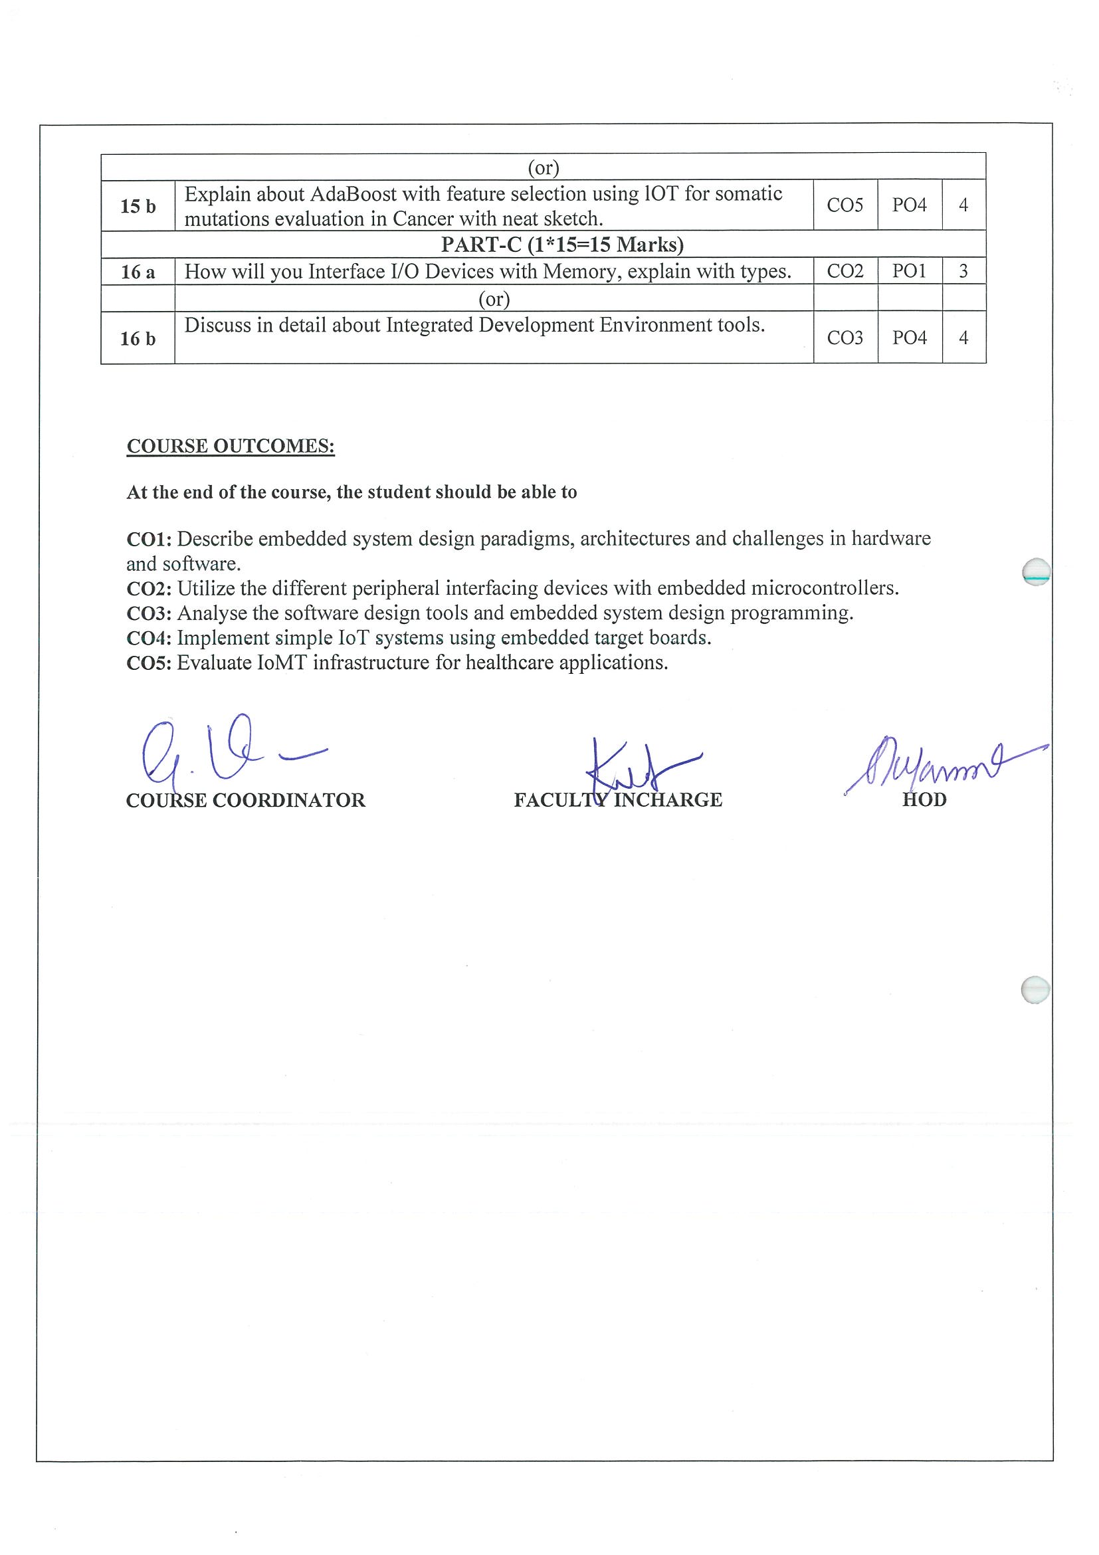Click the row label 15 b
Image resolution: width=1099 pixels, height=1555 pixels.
click(138, 206)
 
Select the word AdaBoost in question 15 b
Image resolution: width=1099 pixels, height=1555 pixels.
click(353, 194)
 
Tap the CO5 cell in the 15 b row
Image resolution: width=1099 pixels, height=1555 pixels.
click(845, 205)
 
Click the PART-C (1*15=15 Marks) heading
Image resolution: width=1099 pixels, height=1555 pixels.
click(562, 245)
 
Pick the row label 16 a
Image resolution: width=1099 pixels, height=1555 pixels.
click(138, 272)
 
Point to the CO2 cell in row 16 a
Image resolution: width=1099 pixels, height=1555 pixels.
click(845, 272)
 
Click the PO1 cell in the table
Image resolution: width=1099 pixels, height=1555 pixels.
click(909, 272)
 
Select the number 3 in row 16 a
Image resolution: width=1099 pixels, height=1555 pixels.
click(963, 272)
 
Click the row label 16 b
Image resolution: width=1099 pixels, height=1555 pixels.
click(138, 339)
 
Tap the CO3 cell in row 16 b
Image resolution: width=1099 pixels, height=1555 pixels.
click(845, 338)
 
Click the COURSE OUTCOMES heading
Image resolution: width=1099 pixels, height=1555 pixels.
click(230, 447)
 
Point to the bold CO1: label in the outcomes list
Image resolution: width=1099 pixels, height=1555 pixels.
click(149, 539)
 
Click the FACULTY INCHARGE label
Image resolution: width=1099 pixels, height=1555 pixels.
click(617, 800)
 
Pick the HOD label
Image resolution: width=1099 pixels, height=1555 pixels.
click(924, 800)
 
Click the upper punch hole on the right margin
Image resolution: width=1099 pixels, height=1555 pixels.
click(1035, 571)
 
